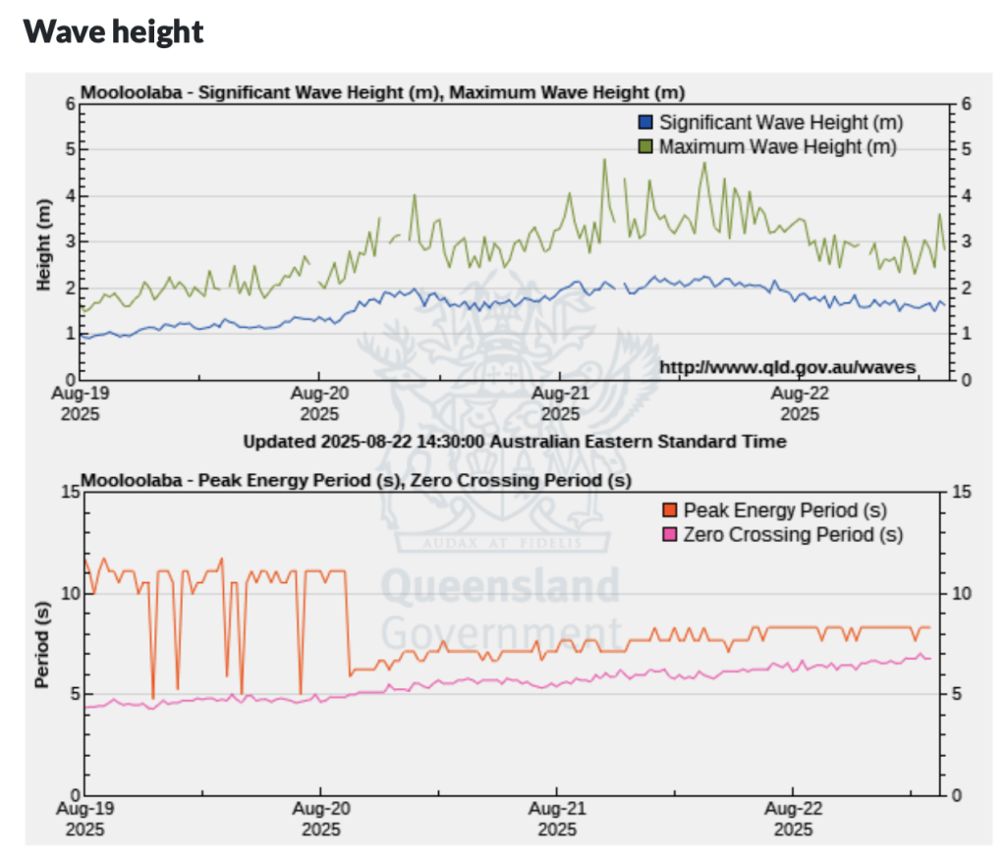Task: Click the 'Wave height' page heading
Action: tap(113, 31)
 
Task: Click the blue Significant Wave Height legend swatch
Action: tap(645, 123)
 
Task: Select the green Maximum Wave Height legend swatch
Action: tap(645, 146)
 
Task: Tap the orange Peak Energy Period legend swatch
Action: tap(670, 510)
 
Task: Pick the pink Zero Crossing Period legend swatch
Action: tap(670, 535)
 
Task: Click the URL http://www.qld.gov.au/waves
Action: tap(787, 367)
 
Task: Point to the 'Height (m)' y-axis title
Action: tap(44, 241)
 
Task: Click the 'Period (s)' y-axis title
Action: tap(44, 643)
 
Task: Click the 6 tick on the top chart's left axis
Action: tap(71, 104)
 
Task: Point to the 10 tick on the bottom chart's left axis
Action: tap(67, 593)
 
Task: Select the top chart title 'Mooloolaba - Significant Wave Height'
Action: tap(382, 93)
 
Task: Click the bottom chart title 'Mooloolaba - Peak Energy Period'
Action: tap(356, 480)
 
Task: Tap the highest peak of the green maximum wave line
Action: tap(604, 160)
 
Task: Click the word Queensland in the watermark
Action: tap(500, 587)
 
